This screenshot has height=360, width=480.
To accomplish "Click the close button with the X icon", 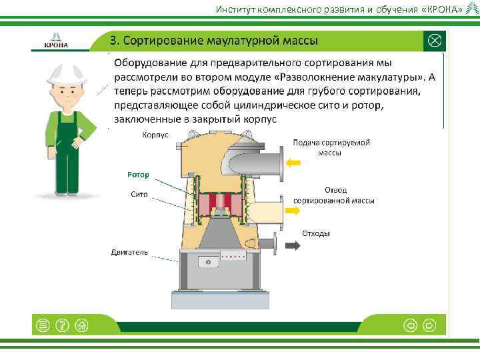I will click(434, 41).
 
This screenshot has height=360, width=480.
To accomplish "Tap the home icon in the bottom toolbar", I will click(82, 325).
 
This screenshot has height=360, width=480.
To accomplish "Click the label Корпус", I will click(155, 135).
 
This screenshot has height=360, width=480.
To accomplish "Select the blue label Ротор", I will click(138, 175).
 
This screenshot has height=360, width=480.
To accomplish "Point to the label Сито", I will click(139, 195).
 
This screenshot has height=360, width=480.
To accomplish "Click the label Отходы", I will click(315, 233).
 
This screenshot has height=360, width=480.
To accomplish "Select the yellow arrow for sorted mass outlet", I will click(293, 210).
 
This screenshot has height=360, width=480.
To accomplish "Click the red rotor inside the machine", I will click(218, 203).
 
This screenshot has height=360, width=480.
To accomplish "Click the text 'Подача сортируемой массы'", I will click(331, 147).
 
